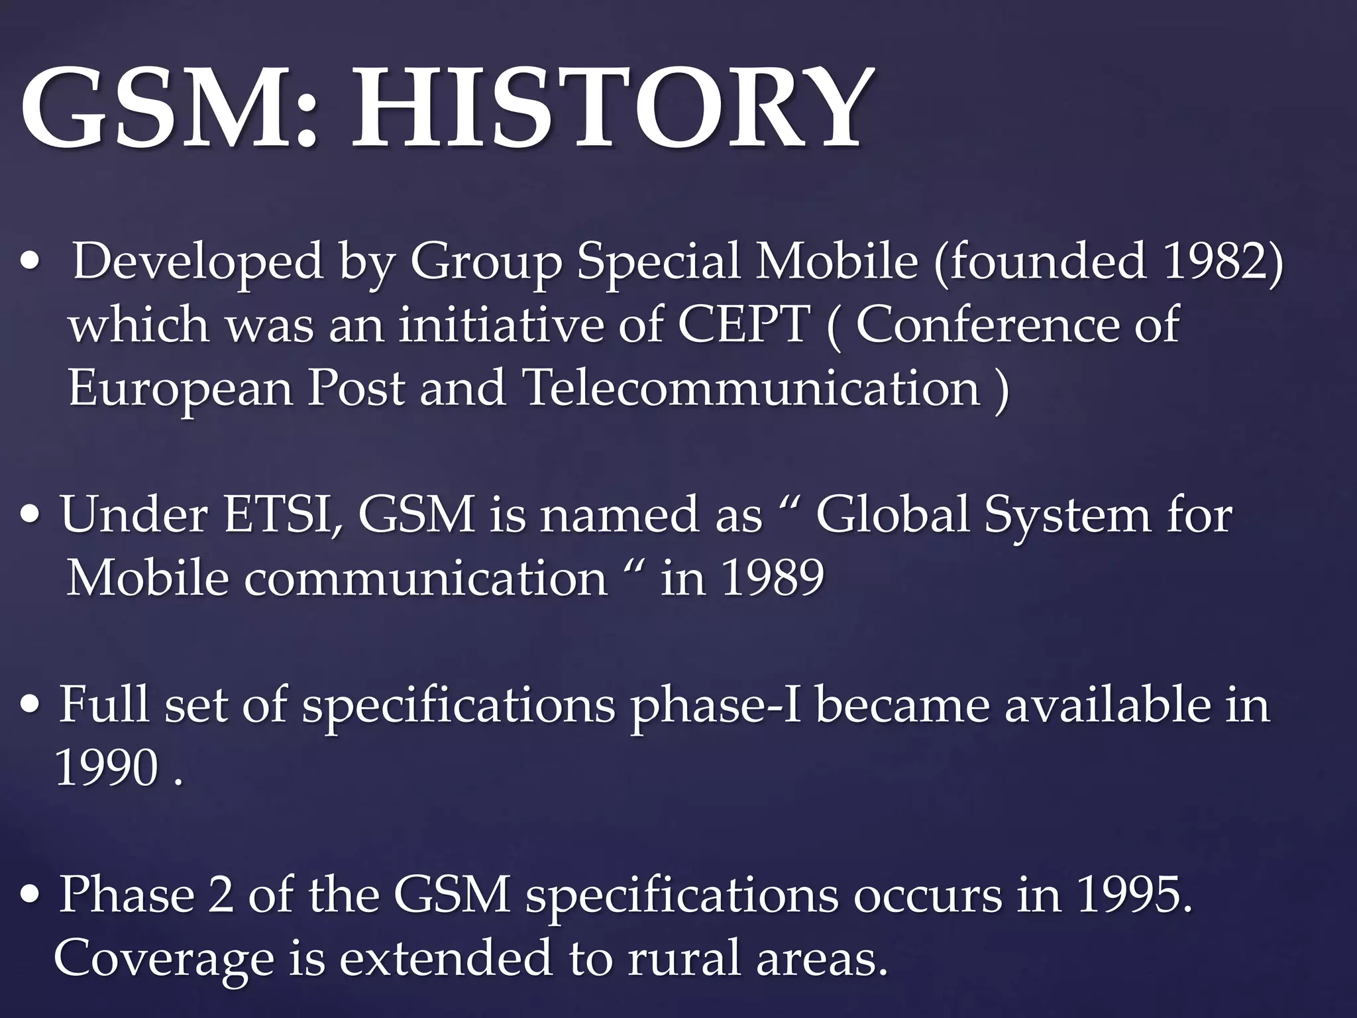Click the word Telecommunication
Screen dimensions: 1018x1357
click(x=751, y=388)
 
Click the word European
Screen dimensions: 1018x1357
click(x=180, y=389)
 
